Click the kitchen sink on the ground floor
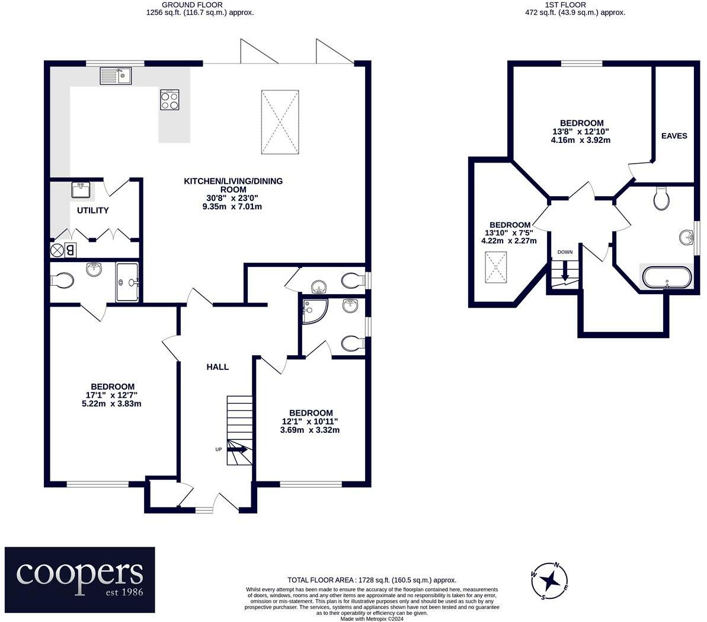click(116, 76)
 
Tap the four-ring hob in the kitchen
click(169, 100)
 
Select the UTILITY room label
click(93, 210)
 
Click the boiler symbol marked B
click(71, 250)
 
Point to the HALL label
click(217, 367)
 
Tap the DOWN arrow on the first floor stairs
click(565, 272)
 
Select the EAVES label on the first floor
click(674, 136)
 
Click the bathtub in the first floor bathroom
click(667, 277)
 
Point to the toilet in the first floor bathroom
click(661, 199)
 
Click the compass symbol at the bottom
click(549, 581)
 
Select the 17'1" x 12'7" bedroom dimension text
click(112, 395)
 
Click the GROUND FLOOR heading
click(192, 5)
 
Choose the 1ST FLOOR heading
click(565, 5)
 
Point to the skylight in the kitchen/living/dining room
click(280, 122)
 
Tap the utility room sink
click(81, 190)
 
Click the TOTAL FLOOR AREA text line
click(372, 580)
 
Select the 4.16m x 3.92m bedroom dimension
click(581, 140)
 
